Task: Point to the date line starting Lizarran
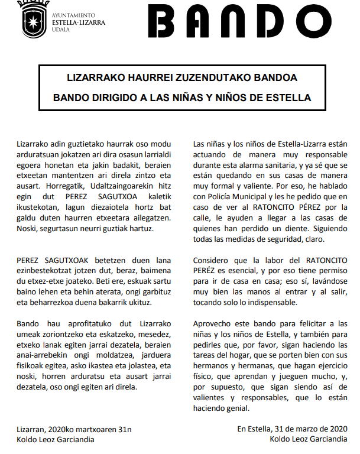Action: pos(74,429)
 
